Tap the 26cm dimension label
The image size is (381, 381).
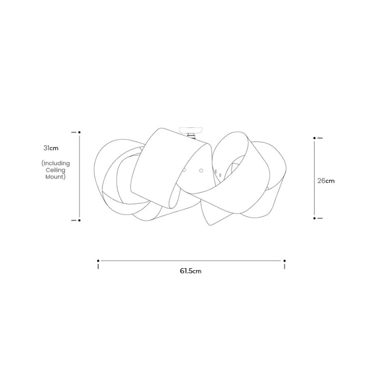click(326, 180)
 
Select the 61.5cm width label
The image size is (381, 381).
click(190, 271)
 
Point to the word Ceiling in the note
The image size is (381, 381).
click(56, 170)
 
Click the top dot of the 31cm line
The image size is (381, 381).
click(79, 131)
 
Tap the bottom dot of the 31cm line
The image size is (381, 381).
click(79, 221)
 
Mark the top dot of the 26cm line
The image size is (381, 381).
click(314, 138)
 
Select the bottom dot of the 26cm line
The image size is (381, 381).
click(314, 218)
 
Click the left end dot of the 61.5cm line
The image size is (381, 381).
click(98, 261)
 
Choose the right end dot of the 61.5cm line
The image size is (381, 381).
click(284, 261)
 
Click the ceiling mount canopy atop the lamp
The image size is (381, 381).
click(191, 129)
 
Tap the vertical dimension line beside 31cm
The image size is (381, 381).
click(79, 176)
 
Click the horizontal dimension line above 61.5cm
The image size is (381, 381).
click(190, 261)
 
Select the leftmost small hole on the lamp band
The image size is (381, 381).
click(184, 170)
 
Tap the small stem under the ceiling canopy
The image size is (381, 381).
click(191, 136)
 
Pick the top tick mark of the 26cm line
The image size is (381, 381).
click(320, 138)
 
